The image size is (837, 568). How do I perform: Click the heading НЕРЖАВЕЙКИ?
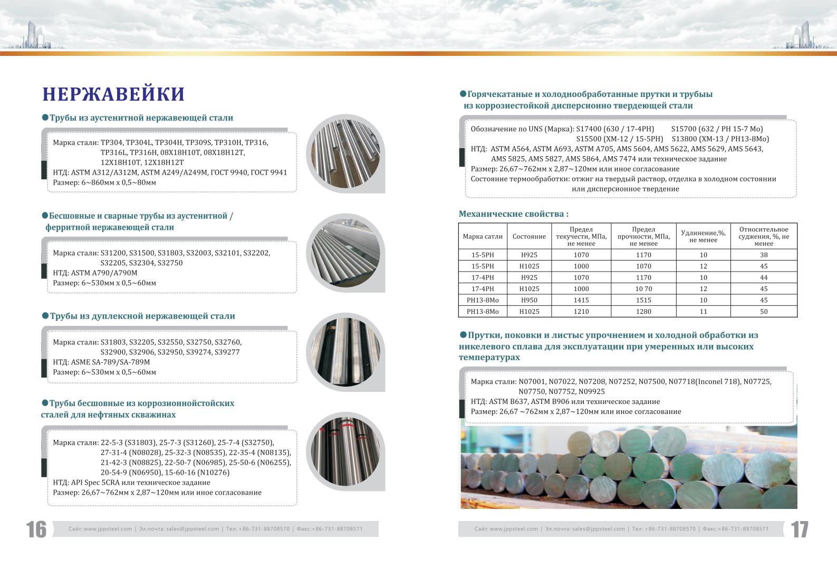coord(113,94)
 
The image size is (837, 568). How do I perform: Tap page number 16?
coord(36,529)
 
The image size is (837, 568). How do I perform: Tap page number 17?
coord(800,529)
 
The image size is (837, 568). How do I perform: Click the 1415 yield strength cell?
coord(581,300)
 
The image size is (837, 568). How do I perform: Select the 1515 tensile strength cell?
coord(643,300)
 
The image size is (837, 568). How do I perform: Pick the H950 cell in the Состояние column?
coord(529,300)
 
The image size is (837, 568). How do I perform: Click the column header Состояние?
coord(529,237)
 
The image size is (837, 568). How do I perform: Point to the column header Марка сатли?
coord(483,237)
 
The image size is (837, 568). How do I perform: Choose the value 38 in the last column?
coord(764,255)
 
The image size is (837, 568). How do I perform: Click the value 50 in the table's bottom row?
coord(764,311)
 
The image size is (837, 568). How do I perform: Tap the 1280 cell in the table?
coord(643,311)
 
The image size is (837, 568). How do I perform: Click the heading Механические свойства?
coord(513,214)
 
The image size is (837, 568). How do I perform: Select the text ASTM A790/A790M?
coord(104,273)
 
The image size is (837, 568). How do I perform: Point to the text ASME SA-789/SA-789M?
coord(110,362)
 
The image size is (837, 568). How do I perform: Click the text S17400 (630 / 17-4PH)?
coord(615,129)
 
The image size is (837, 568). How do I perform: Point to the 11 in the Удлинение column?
coord(703,311)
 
